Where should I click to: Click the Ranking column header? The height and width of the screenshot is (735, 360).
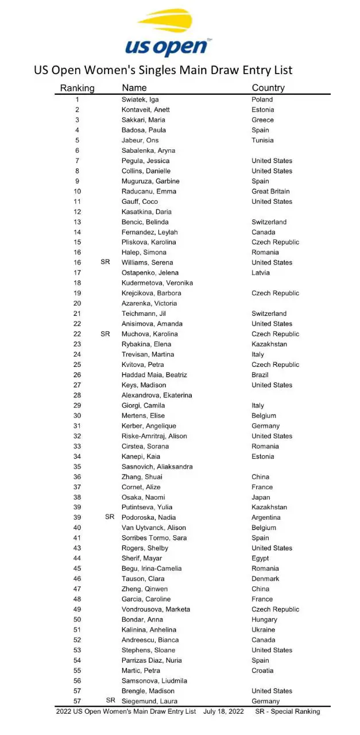[x=78, y=88]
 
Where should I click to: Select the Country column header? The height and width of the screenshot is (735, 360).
[x=268, y=88]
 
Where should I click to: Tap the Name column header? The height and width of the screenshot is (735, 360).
[x=134, y=88]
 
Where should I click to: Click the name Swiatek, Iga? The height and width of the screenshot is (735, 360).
[x=136, y=99]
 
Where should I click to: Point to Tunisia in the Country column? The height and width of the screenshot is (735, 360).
[x=262, y=140]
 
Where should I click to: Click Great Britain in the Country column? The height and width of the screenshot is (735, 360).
[x=270, y=191]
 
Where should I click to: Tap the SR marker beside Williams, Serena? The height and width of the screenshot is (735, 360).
[x=105, y=262]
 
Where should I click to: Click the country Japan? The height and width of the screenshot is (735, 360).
[x=261, y=497]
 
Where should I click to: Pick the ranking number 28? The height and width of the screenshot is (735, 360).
[x=78, y=395]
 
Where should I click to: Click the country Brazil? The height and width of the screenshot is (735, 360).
[x=261, y=375]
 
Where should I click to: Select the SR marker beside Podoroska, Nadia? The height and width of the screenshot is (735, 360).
[x=110, y=517]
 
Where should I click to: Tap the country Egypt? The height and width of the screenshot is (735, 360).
[x=261, y=558]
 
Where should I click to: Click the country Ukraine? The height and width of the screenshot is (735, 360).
[x=264, y=630]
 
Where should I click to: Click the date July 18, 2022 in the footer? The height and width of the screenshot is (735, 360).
[x=223, y=711]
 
